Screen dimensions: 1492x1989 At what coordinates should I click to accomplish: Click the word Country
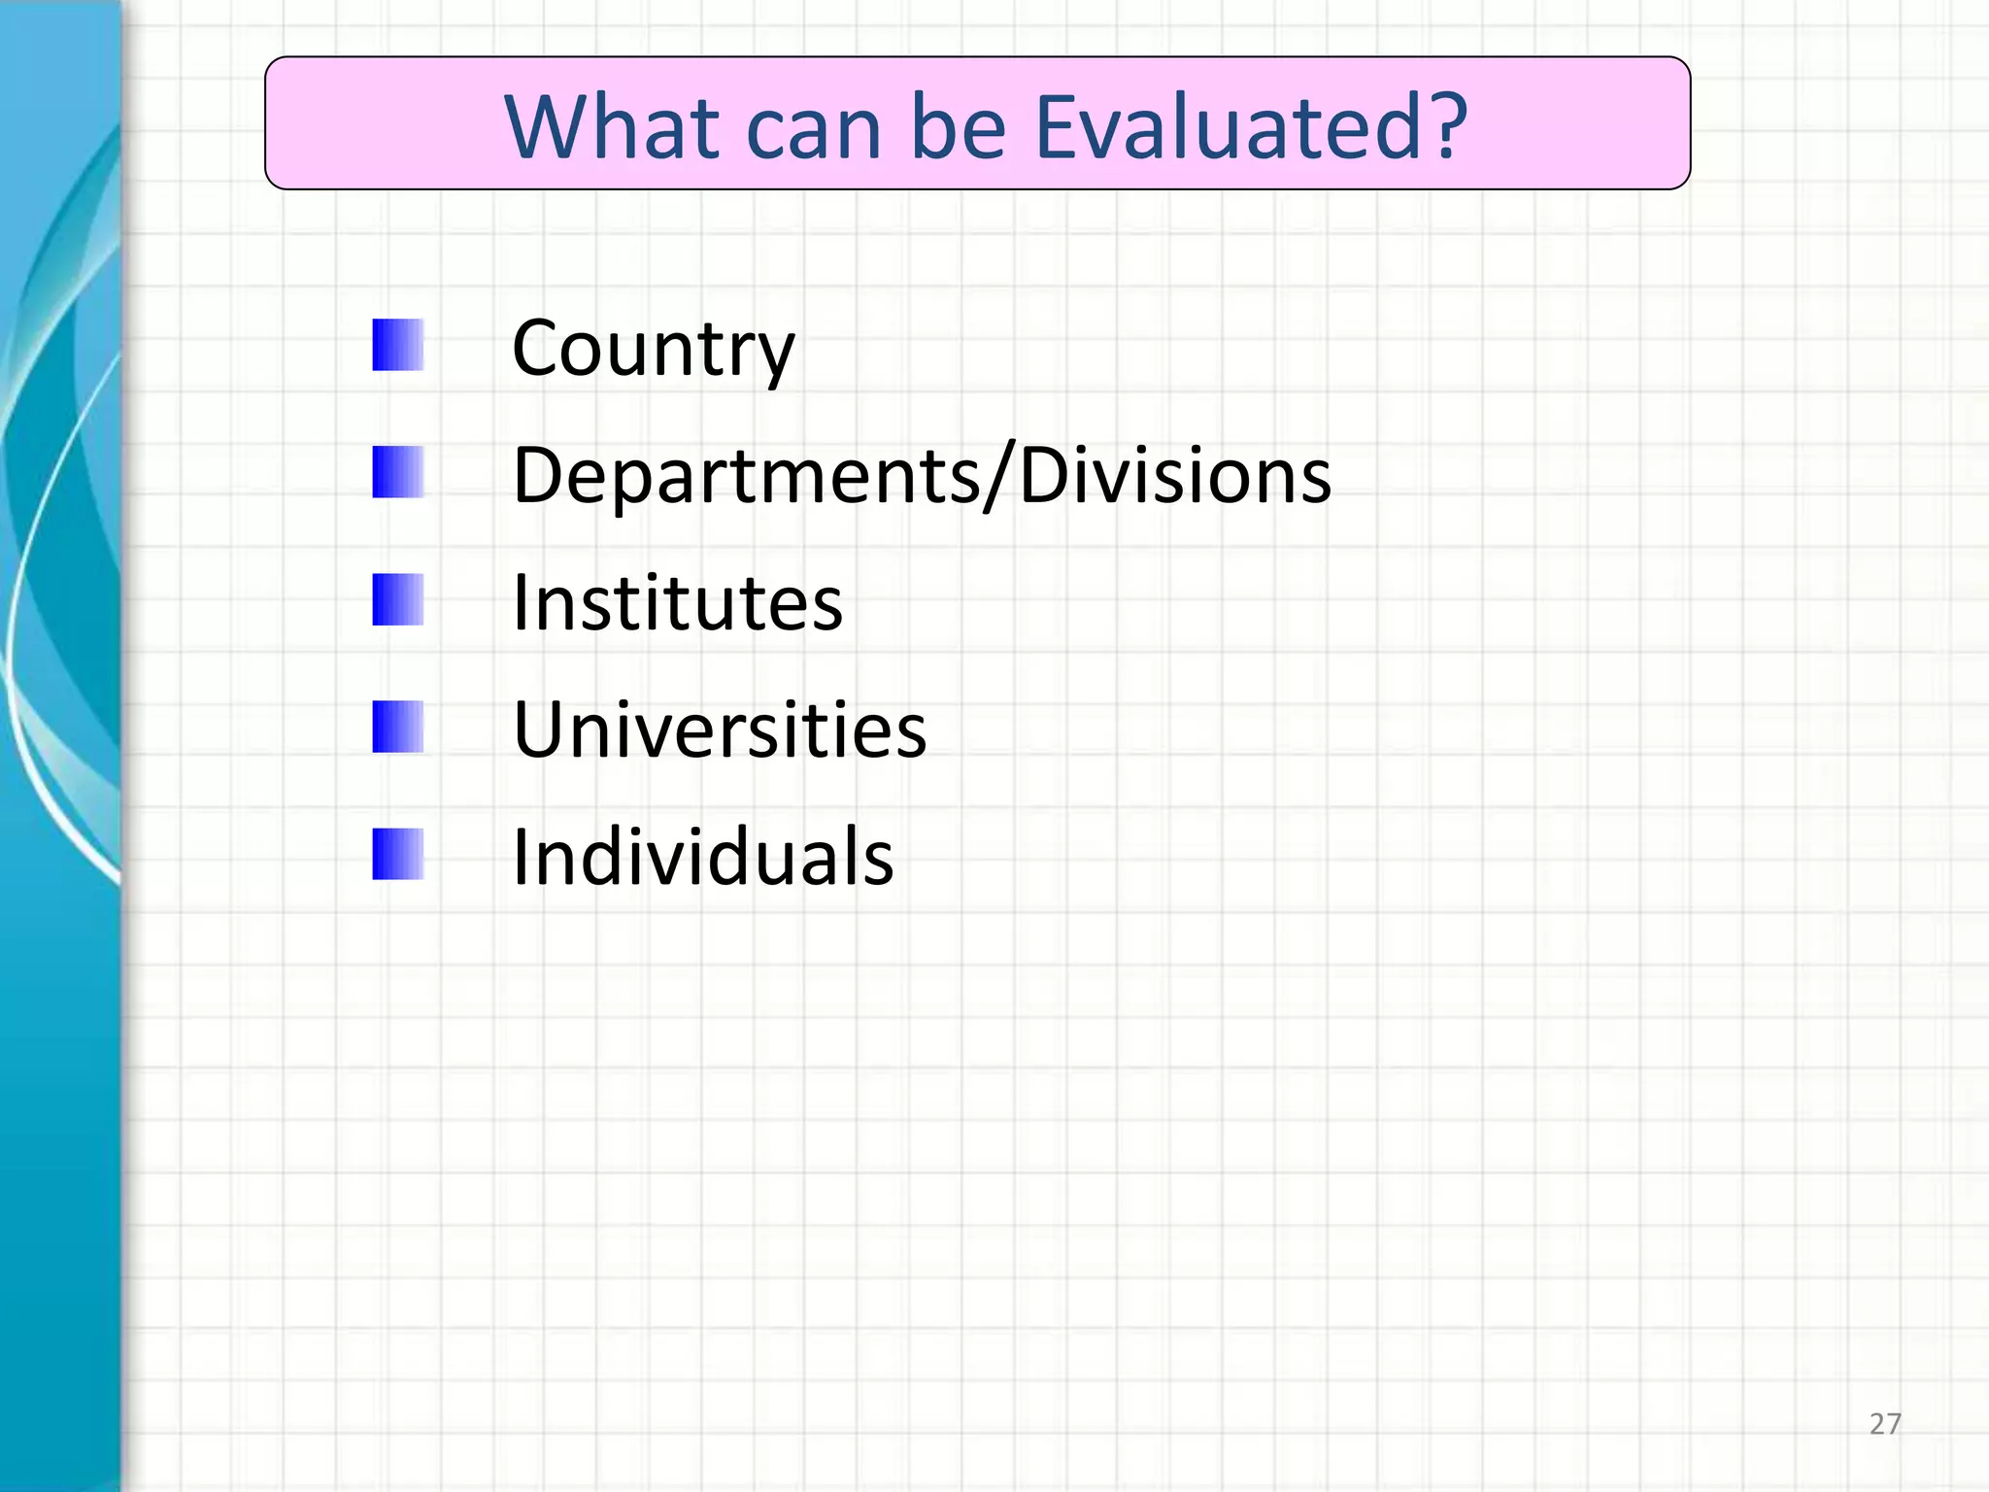[x=653, y=350]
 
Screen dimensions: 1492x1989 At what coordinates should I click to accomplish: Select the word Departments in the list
[x=746, y=477]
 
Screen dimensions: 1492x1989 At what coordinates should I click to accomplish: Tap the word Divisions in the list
[x=1175, y=475]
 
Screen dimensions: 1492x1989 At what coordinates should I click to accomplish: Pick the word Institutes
[x=677, y=603]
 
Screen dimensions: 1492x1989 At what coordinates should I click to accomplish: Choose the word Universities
[x=720, y=729]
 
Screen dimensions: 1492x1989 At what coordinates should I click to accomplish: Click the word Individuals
[x=702, y=857]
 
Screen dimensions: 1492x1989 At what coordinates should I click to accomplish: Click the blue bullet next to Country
[x=398, y=345]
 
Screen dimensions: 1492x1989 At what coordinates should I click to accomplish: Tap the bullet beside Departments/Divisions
[x=398, y=472]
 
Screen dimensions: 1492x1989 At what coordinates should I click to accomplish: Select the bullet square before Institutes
[x=398, y=599]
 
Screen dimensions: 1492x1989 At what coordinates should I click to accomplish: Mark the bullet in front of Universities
[x=398, y=727]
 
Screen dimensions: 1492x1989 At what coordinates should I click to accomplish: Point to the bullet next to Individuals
[x=398, y=854]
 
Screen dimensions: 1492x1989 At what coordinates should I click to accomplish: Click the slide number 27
[x=1884, y=1424]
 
